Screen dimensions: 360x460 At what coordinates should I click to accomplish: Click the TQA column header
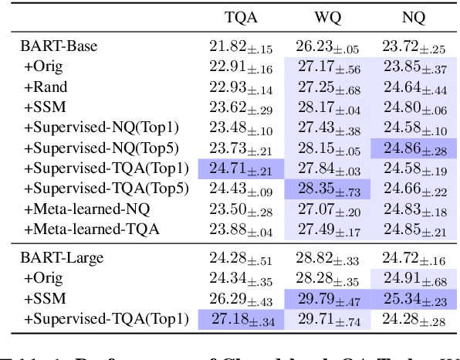click(242, 17)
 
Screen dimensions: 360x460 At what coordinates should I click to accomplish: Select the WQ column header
click(328, 17)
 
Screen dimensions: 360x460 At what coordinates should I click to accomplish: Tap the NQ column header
click(414, 17)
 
